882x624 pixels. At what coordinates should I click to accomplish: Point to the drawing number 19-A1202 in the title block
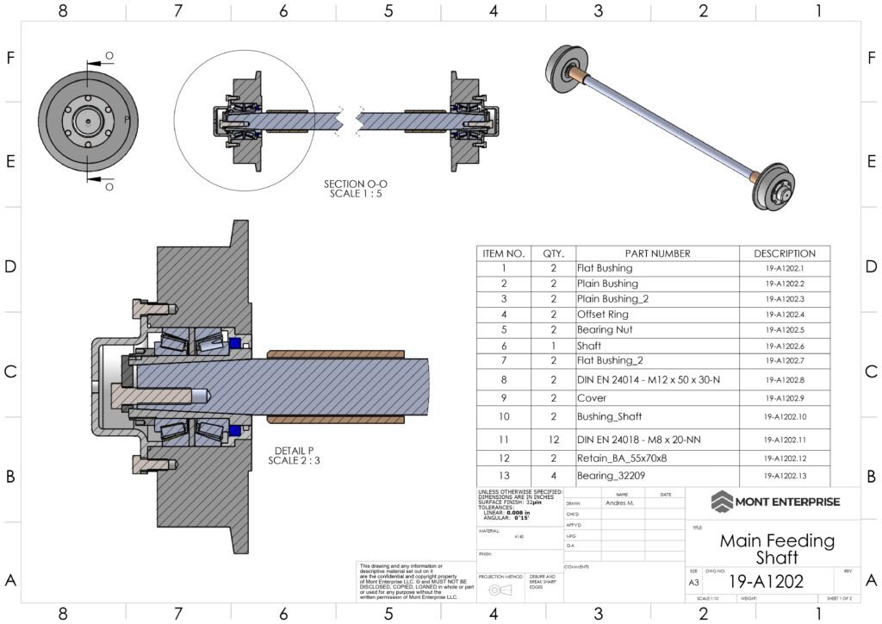pos(765,582)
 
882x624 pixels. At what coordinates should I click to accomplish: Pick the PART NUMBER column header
pos(657,253)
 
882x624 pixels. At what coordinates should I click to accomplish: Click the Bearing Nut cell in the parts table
pos(605,329)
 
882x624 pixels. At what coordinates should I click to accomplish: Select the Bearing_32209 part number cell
pos(611,476)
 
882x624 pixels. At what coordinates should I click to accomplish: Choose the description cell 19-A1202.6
pos(784,346)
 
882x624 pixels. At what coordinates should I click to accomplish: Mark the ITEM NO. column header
pos(503,253)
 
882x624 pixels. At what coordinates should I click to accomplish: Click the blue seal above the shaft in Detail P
pos(234,343)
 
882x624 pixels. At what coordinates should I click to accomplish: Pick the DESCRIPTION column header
pos(784,253)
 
